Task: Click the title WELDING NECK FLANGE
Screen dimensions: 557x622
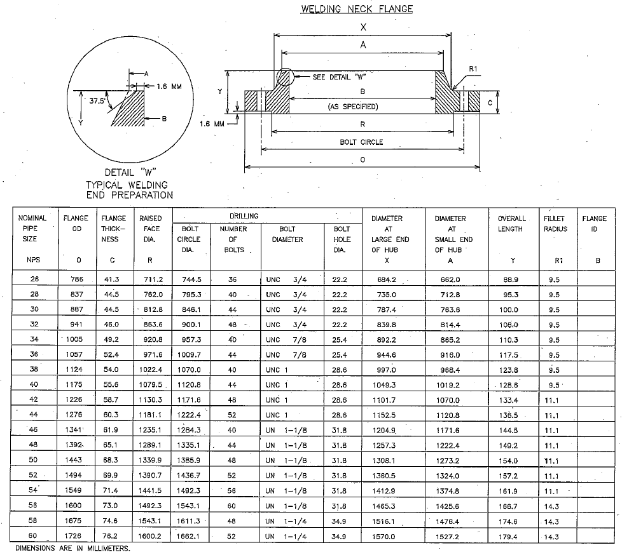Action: (357, 9)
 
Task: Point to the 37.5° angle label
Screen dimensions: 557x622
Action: (97, 100)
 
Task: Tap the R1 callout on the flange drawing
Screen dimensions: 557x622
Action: (473, 68)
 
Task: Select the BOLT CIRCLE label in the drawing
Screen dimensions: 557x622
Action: (361, 142)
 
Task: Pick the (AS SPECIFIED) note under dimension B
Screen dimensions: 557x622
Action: (361, 107)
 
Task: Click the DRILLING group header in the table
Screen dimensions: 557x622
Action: (244, 216)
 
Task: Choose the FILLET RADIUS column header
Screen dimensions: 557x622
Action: (555, 224)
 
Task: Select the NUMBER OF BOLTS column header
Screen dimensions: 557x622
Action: (233, 239)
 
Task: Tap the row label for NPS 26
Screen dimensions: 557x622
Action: (34, 279)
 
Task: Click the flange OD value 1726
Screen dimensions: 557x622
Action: (76, 536)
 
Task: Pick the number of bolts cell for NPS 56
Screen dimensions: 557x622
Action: (233, 506)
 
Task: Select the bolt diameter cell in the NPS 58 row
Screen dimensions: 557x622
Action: (286, 521)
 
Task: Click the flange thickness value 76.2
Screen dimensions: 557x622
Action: (112, 536)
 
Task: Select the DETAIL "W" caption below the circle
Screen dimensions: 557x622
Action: (130, 172)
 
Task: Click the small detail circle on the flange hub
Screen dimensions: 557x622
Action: (284, 77)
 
